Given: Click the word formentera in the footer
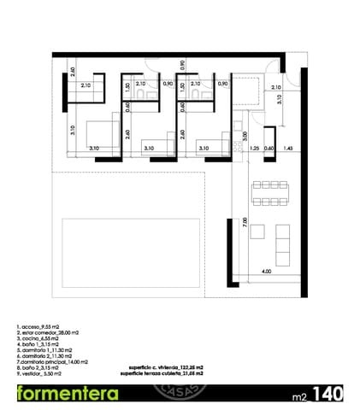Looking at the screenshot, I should (68, 394).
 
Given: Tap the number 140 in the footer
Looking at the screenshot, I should (329, 394).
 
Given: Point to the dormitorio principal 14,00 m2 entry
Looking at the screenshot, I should (51, 361).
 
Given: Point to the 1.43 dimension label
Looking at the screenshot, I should (288, 149).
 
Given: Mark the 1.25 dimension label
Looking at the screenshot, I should (254, 149).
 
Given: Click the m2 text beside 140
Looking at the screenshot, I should (298, 396).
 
